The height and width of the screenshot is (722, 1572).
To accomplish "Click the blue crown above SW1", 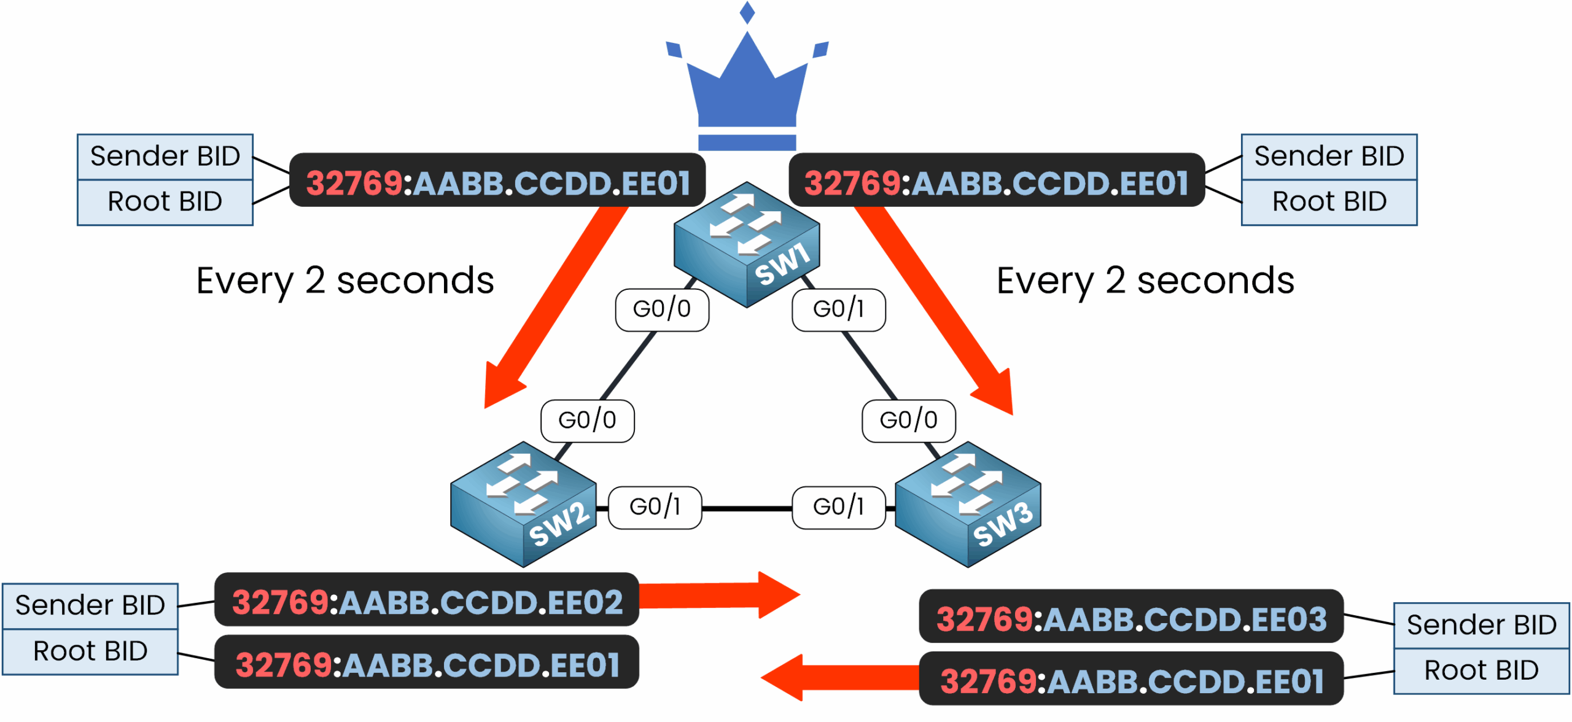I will [747, 86].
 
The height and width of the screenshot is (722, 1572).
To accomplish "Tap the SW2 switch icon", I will [523, 505].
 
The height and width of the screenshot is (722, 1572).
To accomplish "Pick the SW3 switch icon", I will [968, 505].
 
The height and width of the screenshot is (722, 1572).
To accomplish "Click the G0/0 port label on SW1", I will [662, 309].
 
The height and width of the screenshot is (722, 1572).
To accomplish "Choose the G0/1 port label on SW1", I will [839, 309].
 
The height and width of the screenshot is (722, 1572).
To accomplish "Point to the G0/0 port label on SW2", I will [587, 421].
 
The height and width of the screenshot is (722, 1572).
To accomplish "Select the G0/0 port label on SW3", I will [909, 421].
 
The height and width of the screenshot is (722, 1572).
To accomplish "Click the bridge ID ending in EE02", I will [427, 602].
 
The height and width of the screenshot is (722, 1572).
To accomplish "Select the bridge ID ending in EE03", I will [1131, 619].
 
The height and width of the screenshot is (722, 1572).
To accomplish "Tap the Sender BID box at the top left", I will [165, 157].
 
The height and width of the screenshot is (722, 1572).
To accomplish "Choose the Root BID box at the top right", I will [1329, 202].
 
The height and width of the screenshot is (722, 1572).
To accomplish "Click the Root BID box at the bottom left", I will [90, 651].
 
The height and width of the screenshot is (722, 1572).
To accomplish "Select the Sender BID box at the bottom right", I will [1481, 625].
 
